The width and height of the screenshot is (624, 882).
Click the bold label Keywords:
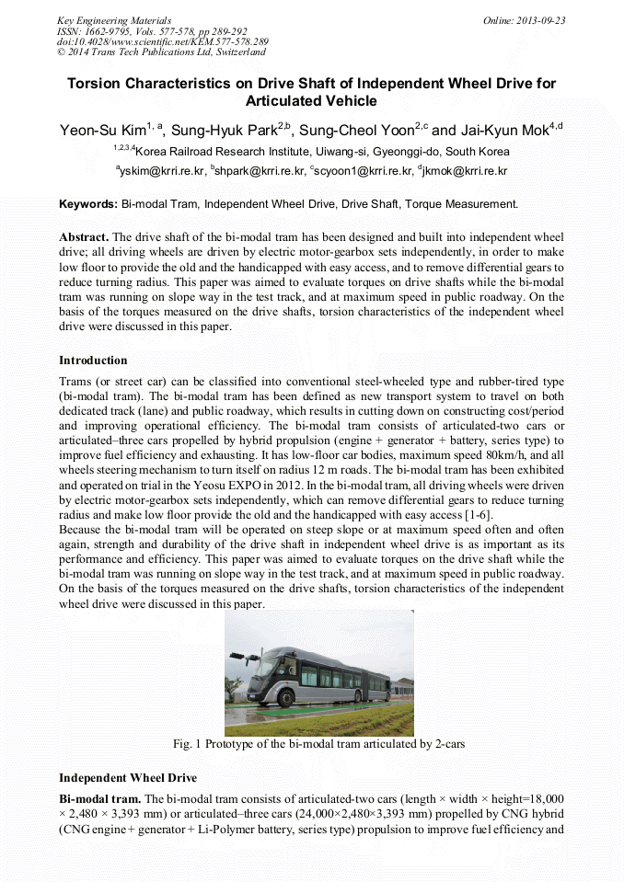click(x=88, y=204)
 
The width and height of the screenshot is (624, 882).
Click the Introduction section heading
click(x=93, y=360)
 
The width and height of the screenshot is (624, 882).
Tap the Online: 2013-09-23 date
click(x=524, y=20)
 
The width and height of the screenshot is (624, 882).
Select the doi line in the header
click(x=162, y=42)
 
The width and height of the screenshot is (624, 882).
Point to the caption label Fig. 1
click(x=187, y=743)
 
